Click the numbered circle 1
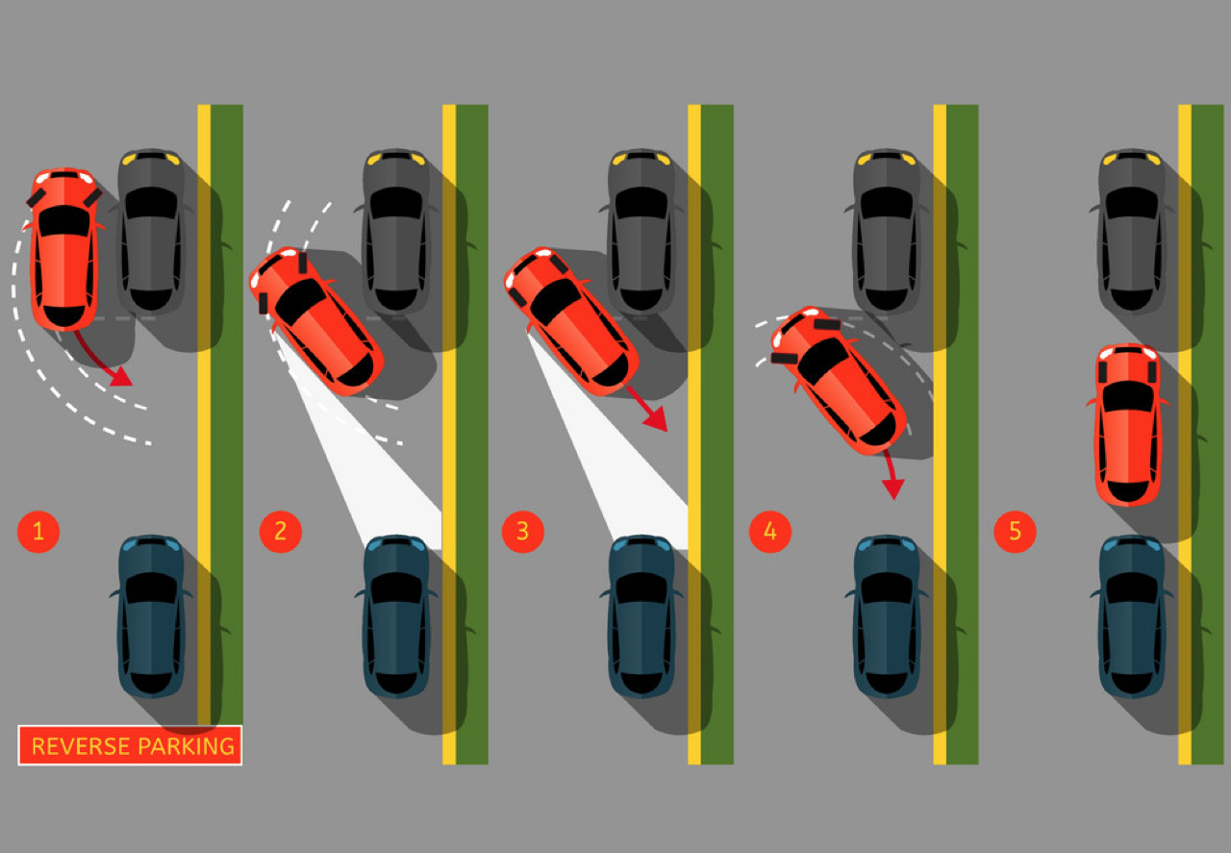pyautogui.click(x=38, y=532)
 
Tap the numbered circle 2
pyautogui.click(x=280, y=532)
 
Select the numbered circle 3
pyautogui.click(x=522, y=532)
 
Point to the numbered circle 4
pyautogui.click(x=770, y=532)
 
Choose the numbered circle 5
pyautogui.click(x=1015, y=532)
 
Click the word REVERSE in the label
pyautogui.click(x=82, y=746)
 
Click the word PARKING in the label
pyautogui.click(x=187, y=746)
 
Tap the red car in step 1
pyautogui.click(x=64, y=249)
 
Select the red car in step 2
pyautogui.click(x=316, y=321)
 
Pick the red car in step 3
pyautogui.click(x=571, y=321)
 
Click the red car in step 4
pyautogui.click(x=838, y=380)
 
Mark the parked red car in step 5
pyautogui.click(x=1128, y=425)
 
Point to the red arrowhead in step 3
pyautogui.click(x=656, y=418)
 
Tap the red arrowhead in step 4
pyautogui.click(x=893, y=489)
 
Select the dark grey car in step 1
pyautogui.click(x=151, y=231)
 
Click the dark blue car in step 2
pyautogui.click(x=396, y=616)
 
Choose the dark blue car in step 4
pyautogui.click(x=887, y=616)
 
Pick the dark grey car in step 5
pyautogui.click(x=1132, y=231)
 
